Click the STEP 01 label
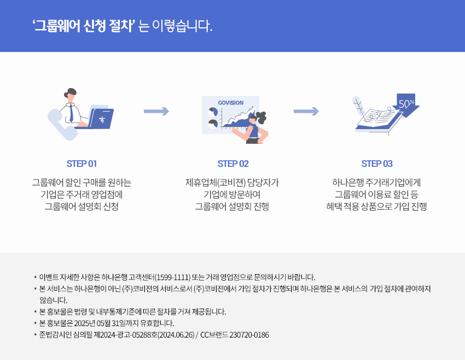click(x=82, y=164)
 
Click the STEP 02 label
click(x=233, y=164)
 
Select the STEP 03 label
click(x=377, y=164)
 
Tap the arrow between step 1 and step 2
click(x=156, y=112)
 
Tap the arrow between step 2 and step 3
click(x=306, y=112)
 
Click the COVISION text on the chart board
click(x=230, y=103)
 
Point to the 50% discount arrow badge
click(x=405, y=104)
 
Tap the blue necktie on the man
click(x=71, y=113)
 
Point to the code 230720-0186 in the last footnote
click(x=249, y=334)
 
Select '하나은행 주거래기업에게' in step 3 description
click(x=376, y=182)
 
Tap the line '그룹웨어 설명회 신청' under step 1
click(x=82, y=206)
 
